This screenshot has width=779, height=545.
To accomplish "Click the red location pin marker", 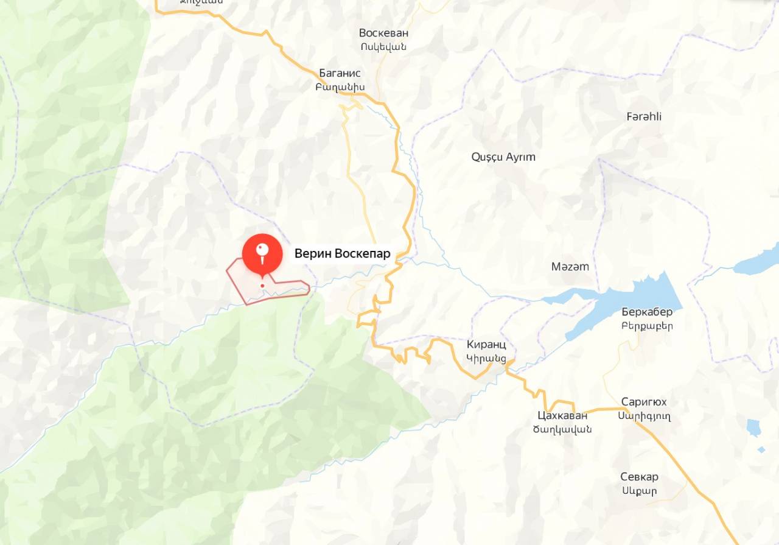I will [x=262, y=253].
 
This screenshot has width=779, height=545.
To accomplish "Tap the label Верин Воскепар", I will [x=342, y=254].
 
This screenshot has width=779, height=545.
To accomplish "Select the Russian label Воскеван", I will [x=383, y=33].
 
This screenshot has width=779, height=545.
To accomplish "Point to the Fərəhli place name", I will [x=644, y=116].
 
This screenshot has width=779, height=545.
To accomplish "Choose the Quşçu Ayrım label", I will [x=503, y=156].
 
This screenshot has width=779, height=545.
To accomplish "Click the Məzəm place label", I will [x=570, y=266].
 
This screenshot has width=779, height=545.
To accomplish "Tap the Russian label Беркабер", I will [x=648, y=312].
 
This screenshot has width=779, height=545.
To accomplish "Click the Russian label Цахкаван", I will [x=563, y=416].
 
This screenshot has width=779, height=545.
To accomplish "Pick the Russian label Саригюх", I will [x=644, y=402].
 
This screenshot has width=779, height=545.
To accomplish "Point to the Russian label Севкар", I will [x=639, y=477].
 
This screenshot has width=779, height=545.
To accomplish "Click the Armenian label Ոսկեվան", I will [x=383, y=47].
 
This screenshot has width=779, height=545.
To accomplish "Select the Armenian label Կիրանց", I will [x=486, y=358].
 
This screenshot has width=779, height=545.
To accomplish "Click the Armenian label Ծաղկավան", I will [x=562, y=429].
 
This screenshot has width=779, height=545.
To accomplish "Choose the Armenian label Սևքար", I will [x=639, y=491].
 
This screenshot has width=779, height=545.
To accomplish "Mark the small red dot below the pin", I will [x=262, y=285].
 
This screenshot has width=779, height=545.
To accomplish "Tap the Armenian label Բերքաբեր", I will [x=648, y=326].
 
